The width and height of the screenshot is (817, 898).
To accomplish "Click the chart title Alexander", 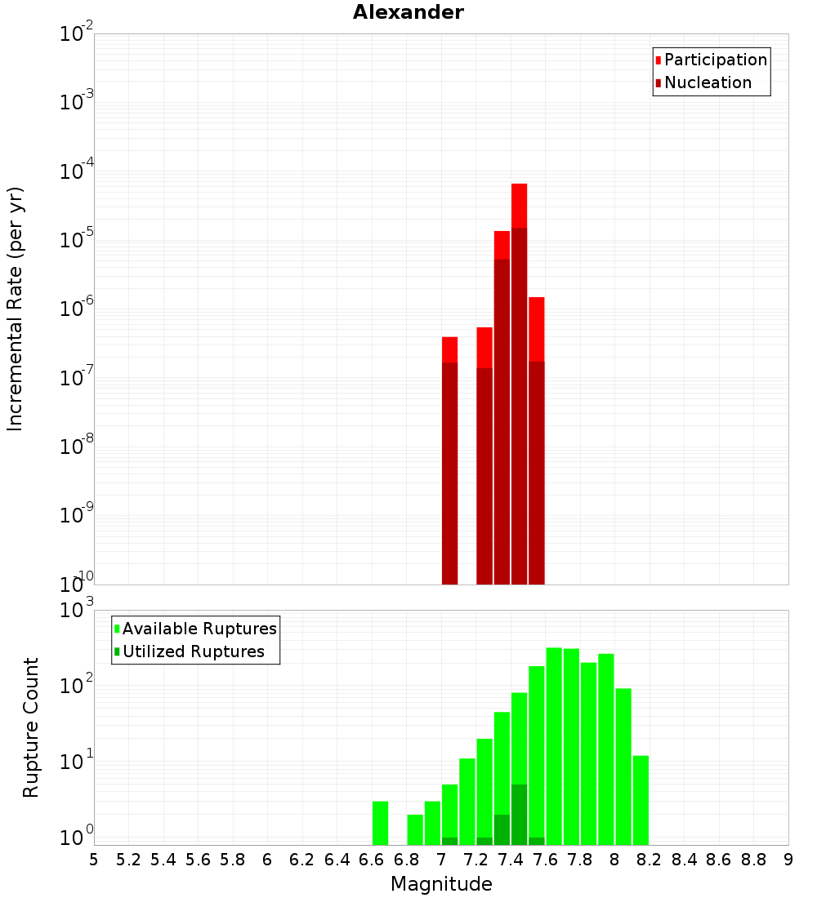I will [408, 12].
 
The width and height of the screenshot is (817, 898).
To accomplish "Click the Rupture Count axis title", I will [31, 727].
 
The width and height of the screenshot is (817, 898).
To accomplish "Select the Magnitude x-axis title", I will [441, 884].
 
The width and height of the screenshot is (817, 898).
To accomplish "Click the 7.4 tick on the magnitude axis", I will [511, 860].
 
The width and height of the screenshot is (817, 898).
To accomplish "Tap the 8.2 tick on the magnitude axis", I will [650, 860].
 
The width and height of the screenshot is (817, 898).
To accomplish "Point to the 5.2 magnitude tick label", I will [128, 860].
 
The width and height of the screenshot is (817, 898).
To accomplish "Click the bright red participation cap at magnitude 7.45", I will [519, 206].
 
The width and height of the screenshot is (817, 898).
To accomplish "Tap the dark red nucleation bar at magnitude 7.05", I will [449, 473].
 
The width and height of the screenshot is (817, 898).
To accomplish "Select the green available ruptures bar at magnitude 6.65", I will [380, 823].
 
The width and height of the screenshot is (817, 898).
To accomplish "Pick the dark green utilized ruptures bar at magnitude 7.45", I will [519, 815].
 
